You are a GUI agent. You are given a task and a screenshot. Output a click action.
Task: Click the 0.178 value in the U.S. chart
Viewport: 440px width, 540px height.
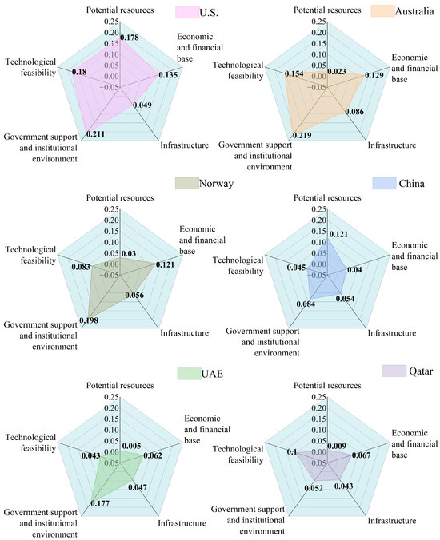[130, 37]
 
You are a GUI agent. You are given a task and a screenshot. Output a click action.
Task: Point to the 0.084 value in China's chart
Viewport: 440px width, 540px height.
[306, 304]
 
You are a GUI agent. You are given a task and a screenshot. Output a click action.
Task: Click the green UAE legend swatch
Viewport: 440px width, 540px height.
[187, 373]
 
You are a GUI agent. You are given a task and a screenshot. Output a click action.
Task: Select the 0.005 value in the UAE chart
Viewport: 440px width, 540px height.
[133, 447]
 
